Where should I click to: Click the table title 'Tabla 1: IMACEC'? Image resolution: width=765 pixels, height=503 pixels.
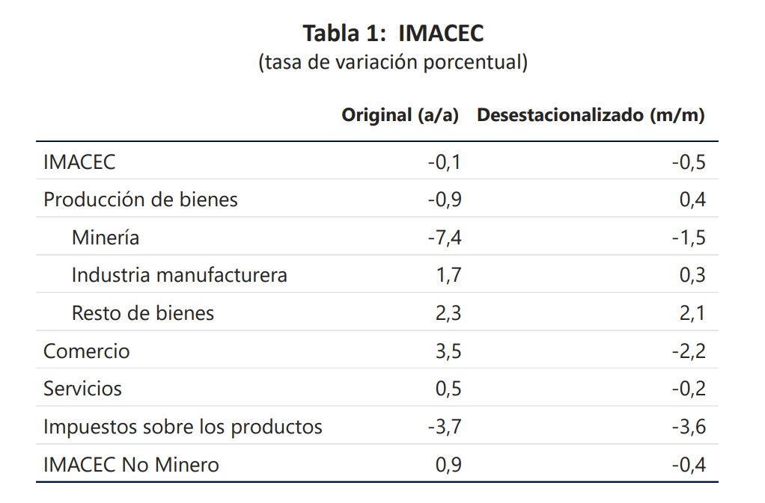(393, 34)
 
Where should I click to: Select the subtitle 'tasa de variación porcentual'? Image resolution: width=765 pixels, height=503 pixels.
(393, 62)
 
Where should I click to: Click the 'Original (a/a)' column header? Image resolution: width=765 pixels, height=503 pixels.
(400, 116)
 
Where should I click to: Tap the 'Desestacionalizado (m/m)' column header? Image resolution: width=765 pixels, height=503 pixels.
(591, 116)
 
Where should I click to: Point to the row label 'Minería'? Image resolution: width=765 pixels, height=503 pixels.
(106, 238)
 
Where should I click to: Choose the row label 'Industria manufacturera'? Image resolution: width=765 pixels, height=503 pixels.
(179, 275)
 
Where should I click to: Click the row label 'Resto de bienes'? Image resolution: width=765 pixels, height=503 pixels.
(143, 313)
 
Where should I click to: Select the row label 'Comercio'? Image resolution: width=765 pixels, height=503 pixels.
(87, 351)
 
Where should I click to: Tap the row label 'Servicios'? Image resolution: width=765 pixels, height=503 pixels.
(82, 389)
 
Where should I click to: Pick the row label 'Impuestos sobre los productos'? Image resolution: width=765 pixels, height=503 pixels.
(183, 427)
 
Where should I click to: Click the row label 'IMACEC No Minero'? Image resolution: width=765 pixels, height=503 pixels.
(131, 465)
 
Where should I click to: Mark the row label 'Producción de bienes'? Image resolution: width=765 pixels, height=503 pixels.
(141, 200)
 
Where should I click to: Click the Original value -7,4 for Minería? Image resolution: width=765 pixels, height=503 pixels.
(445, 238)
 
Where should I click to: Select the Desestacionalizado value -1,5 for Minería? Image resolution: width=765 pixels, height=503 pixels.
(689, 238)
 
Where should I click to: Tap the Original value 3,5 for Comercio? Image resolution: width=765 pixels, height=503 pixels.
(448, 351)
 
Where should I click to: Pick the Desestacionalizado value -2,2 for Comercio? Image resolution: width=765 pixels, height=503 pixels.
(689, 351)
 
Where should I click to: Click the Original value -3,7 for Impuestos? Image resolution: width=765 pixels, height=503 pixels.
(445, 427)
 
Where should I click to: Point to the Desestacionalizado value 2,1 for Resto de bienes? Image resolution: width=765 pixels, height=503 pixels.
(692, 313)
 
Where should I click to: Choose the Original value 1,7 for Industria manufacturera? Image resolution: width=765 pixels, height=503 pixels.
(448, 275)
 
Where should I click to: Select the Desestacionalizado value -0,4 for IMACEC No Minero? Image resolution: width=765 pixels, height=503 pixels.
(689, 465)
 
